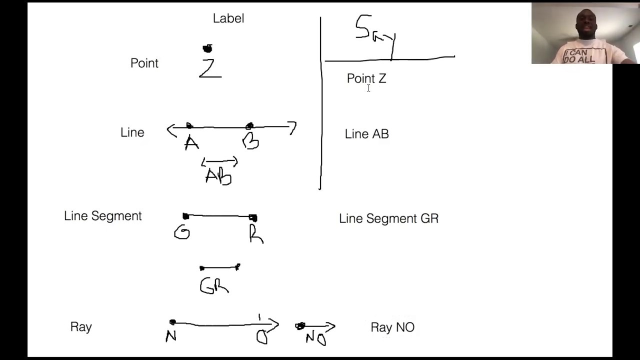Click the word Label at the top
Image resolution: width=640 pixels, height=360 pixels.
(228, 18)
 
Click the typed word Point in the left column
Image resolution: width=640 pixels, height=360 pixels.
(144, 63)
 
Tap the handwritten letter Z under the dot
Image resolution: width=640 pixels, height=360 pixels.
(210, 68)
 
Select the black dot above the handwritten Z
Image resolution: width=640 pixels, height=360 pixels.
(207, 48)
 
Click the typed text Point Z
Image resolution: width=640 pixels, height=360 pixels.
(366, 78)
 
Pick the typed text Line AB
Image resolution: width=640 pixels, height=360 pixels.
(366, 134)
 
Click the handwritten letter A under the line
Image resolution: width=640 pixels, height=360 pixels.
(191, 143)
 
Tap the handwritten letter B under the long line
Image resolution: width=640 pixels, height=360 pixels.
(250, 142)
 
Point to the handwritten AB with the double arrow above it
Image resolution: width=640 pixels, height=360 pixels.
(218, 175)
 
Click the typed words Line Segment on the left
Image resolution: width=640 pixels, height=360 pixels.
(103, 216)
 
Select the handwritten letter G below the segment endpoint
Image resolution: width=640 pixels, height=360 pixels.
(182, 232)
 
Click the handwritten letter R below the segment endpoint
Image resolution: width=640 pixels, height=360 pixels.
(256, 234)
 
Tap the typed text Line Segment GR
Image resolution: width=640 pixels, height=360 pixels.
(388, 218)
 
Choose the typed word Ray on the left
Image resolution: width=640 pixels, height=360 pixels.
(81, 327)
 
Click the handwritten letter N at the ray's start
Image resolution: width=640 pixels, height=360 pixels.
(171, 336)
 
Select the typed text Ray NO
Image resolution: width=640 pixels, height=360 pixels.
(392, 327)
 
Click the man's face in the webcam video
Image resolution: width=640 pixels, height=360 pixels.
(585, 25)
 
